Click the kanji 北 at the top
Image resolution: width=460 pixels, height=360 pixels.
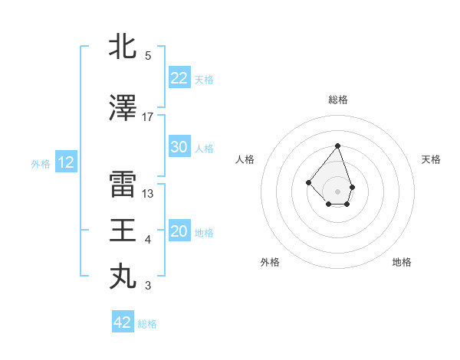click(x=123, y=46)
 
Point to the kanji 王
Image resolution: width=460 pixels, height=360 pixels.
click(x=123, y=231)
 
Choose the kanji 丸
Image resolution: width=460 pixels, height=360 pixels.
click(x=123, y=277)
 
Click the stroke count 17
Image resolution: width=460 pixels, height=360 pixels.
click(x=148, y=116)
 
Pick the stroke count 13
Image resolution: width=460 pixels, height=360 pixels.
click(x=148, y=193)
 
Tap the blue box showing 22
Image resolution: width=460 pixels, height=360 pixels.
click(x=179, y=78)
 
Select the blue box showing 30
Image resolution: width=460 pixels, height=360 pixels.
click(x=179, y=147)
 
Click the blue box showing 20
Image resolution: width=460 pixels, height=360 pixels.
click(x=179, y=231)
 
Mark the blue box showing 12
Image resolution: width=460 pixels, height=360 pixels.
click(x=65, y=162)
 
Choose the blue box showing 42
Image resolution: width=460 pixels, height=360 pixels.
click(x=123, y=322)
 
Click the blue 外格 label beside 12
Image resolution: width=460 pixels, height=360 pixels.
click(x=40, y=163)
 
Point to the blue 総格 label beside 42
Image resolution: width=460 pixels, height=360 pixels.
click(x=147, y=323)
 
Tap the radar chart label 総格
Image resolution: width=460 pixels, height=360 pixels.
click(x=337, y=100)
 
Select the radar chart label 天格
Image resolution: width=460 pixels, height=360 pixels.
click(x=431, y=159)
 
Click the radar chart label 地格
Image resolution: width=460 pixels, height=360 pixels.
click(x=402, y=262)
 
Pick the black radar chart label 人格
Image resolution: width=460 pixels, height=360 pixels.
click(x=245, y=159)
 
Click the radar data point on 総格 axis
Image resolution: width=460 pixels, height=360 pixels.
click(x=337, y=146)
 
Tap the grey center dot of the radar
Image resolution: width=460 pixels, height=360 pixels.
click(x=337, y=191)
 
